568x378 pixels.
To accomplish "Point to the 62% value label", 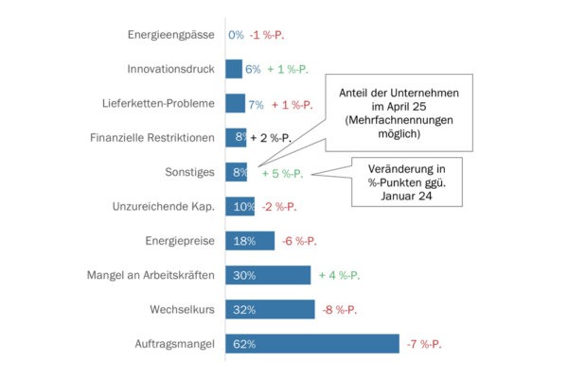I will click(x=244, y=344).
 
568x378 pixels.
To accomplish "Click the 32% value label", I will click(x=244, y=309).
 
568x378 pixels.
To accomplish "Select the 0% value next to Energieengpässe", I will click(x=236, y=35).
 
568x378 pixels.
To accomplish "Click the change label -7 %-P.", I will click(x=424, y=344).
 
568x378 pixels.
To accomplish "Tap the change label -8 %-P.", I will click(x=340, y=309).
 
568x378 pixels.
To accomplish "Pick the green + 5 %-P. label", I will click(x=282, y=173).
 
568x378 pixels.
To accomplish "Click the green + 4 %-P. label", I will click(x=339, y=275).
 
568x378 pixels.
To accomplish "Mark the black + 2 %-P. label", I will click(x=272, y=138).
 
